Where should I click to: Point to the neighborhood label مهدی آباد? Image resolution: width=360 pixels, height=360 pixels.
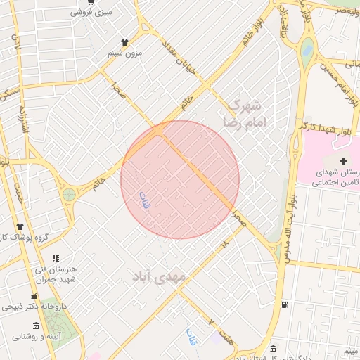[159, 276]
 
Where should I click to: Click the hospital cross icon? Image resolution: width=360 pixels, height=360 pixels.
[333, 162]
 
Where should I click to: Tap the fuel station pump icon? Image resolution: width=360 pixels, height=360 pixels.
[284, 304]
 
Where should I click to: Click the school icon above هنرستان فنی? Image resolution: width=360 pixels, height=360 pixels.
[56, 258]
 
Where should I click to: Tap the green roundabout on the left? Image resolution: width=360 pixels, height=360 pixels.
[69, 194]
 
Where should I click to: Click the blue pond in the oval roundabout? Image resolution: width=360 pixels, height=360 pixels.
[307, 50]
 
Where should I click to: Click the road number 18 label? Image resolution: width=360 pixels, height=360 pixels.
[224, 244]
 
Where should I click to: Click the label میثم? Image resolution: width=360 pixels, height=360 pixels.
[349, 350]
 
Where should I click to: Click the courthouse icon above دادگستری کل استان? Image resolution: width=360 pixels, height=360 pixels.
[273, 348]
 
